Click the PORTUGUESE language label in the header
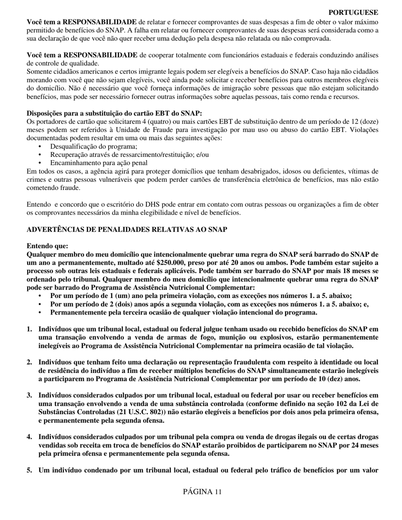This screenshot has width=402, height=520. pyautogui.click(x=353, y=13)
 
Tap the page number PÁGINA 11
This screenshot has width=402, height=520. pyautogui.click(x=202, y=491)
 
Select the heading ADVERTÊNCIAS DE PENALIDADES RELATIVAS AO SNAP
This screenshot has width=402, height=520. pyautogui.click(x=127, y=230)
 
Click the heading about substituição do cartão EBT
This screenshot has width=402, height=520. pyautogui.click(x=114, y=113)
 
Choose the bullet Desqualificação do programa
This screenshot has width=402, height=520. pyautogui.click(x=94, y=146)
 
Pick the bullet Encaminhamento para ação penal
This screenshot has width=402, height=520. pyautogui.click(x=99, y=162)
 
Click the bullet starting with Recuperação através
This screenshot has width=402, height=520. pyautogui.click(x=129, y=154)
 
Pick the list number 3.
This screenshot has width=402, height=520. pyautogui.click(x=29, y=395)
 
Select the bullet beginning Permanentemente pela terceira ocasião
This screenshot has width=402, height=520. pyautogui.click(x=183, y=312)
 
